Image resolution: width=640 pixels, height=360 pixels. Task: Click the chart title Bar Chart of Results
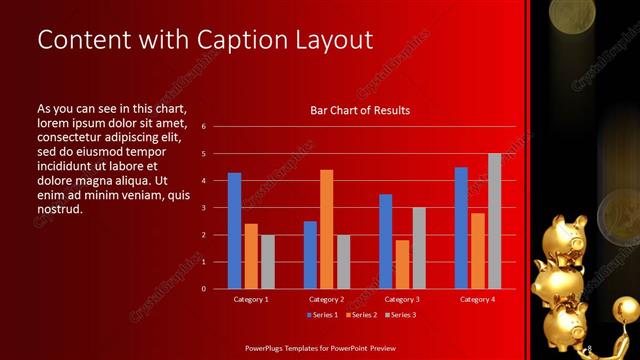tap(360, 110)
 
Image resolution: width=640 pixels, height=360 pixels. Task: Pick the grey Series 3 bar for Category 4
tap(494, 221)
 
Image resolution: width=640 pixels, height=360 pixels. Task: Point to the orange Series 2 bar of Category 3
tap(402, 264)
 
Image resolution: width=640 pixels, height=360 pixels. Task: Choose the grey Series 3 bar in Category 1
tap(268, 262)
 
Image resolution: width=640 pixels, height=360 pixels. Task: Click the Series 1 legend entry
tap(323, 315)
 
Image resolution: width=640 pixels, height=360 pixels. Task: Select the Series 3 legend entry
tap(399, 315)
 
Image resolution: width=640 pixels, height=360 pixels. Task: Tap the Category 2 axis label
tap(326, 299)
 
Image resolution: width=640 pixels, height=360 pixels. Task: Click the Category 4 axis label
tap(477, 299)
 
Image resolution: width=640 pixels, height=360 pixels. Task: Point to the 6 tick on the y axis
tap(203, 127)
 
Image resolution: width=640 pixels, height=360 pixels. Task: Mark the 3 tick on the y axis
tap(203, 208)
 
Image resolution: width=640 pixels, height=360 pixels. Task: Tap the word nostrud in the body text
tap(59, 209)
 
